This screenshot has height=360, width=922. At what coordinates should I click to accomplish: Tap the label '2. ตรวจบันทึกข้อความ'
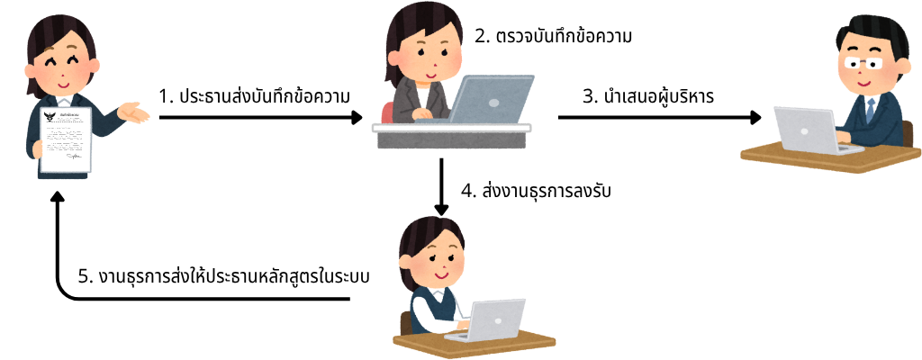(x=553, y=37)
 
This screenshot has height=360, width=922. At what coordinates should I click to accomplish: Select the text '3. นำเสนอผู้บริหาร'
(x=648, y=96)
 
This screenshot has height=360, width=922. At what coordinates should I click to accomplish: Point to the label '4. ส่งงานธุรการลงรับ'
(x=537, y=193)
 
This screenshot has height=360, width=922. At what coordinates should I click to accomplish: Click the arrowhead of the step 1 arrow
(x=356, y=117)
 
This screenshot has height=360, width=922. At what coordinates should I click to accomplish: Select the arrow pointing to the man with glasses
(x=659, y=117)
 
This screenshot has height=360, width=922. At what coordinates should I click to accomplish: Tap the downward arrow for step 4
(x=441, y=187)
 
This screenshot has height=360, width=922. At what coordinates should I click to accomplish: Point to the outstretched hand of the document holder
(x=133, y=112)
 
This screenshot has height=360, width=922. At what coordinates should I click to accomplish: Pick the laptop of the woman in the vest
(x=489, y=321)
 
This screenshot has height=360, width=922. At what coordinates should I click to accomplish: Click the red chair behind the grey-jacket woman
(x=387, y=112)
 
